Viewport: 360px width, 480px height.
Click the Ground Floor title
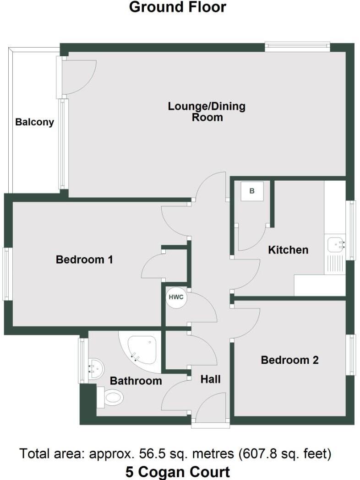pos(178,7)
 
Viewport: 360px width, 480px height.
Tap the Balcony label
pos(34,122)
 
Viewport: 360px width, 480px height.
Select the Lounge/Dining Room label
pos(207,112)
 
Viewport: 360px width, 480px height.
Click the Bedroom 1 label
pos(84,259)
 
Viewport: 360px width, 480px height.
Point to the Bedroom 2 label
pos(289,360)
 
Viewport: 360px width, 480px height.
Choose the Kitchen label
pos(288,250)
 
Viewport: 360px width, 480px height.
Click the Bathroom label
pos(136,381)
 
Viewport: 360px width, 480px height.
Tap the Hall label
pos(211,379)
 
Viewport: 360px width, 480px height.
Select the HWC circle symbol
pos(176,297)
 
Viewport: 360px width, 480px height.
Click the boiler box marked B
pos(251,191)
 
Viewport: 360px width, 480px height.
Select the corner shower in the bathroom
pos(141,348)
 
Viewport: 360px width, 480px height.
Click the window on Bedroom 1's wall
pos(7,274)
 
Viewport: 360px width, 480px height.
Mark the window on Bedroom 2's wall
pos(350,355)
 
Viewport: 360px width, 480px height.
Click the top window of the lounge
pos(297,47)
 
